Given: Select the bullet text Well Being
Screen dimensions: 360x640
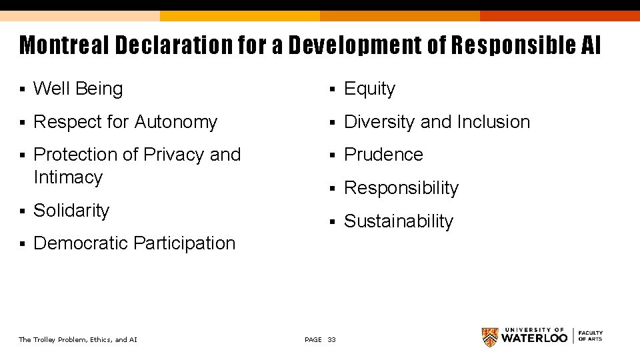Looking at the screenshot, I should point(78,89).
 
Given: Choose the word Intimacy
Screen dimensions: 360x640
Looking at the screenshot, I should point(67,177).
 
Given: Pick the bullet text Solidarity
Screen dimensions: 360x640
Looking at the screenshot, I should point(71,211).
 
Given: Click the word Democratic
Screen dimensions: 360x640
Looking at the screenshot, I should point(81,243).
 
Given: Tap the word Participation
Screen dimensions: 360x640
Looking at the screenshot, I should point(185,243).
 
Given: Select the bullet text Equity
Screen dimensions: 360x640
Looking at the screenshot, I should point(369,89).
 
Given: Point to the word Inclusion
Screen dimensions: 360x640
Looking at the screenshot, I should point(493,122).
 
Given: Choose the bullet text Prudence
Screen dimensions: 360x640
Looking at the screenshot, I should point(383,155).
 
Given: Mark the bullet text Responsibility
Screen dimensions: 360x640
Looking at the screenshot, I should point(401,188).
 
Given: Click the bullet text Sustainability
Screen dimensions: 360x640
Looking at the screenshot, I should point(398,221).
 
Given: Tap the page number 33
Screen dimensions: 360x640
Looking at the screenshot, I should point(332,340).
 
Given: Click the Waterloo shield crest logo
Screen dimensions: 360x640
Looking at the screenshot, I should point(490,337).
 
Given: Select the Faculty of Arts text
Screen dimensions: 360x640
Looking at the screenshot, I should point(590,335).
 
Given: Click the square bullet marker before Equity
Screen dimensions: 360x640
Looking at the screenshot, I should point(333,89).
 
